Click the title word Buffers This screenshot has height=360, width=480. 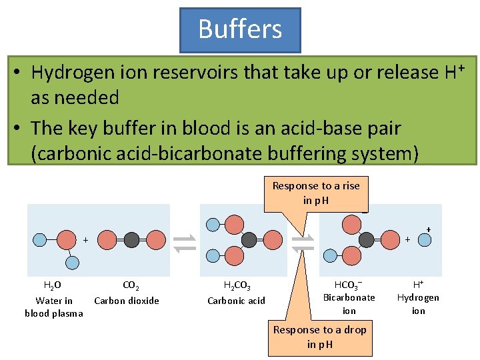point(240,29)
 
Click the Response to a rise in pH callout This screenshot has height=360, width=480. point(316,193)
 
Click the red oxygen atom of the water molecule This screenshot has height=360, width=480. point(67,239)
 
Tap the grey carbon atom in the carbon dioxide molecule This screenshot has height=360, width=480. point(132,240)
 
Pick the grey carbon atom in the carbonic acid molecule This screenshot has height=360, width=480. point(249,240)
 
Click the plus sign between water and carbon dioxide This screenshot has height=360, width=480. point(86,239)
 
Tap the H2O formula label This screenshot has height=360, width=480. point(53,286)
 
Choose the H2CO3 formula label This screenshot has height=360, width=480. point(237,286)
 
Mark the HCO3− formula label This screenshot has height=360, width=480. point(349,283)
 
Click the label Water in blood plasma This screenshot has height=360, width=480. point(54,307)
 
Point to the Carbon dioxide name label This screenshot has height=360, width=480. point(127,301)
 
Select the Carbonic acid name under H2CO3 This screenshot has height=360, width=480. point(236,301)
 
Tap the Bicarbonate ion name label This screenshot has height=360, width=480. point(349,304)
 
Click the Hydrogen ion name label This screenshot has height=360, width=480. point(418,304)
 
